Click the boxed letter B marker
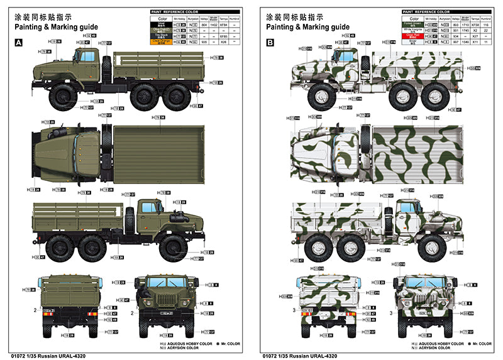(x=270, y=42)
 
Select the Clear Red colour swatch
(x=414, y=36)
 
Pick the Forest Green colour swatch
(x=414, y=25)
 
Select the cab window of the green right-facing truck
(x=150, y=207)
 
